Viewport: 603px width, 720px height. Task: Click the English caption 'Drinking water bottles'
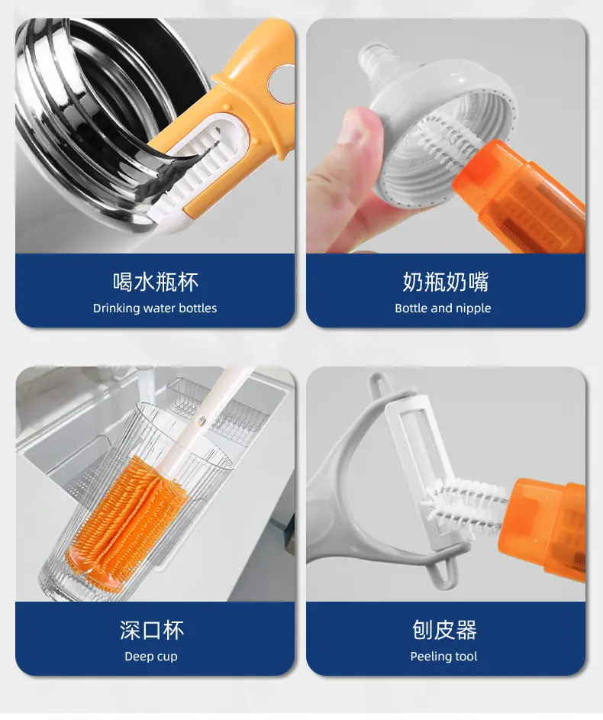point(155,308)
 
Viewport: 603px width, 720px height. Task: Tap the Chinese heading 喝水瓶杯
point(156,282)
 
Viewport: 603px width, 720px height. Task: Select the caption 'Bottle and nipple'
point(443,308)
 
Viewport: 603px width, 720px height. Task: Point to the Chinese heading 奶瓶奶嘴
point(446,282)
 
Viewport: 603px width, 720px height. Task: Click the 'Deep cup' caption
point(151,656)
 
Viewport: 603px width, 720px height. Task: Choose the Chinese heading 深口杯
point(152,630)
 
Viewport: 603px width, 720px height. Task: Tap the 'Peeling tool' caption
point(443,656)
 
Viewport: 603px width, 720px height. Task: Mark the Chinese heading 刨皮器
point(444,630)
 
